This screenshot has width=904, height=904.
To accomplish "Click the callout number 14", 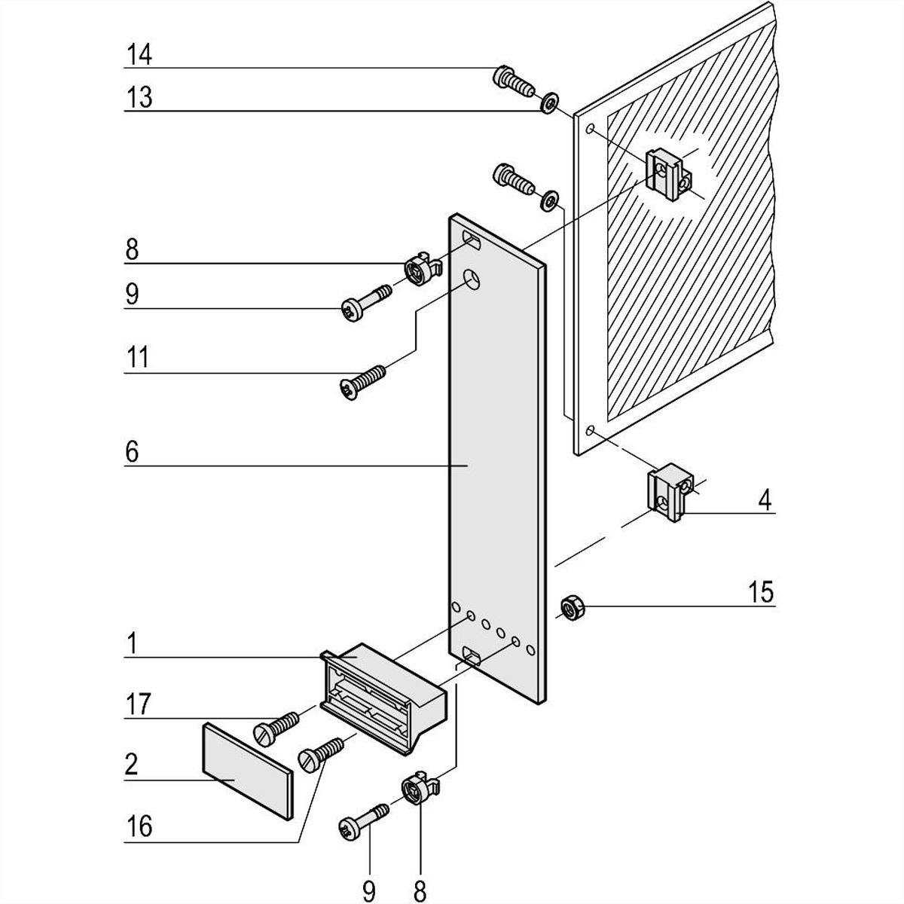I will click(x=139, y=55).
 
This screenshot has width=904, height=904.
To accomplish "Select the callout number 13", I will click(x=139, y=98).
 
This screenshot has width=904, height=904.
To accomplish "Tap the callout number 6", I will click(x=132, y=452).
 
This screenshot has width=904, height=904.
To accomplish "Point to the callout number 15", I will click(x=761, y=592).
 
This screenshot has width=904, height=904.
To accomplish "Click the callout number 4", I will click(x=765, y=500).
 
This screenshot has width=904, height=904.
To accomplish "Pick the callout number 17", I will click(x=139, y=706).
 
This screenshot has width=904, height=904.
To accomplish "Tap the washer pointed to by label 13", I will click(x=549, y=101).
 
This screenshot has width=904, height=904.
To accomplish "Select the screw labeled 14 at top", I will click(x=512, y=79).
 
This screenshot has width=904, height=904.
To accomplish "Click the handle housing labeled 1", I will click(x=384, y=693).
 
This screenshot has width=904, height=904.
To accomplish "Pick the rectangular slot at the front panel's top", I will click(x=471, y=242).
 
